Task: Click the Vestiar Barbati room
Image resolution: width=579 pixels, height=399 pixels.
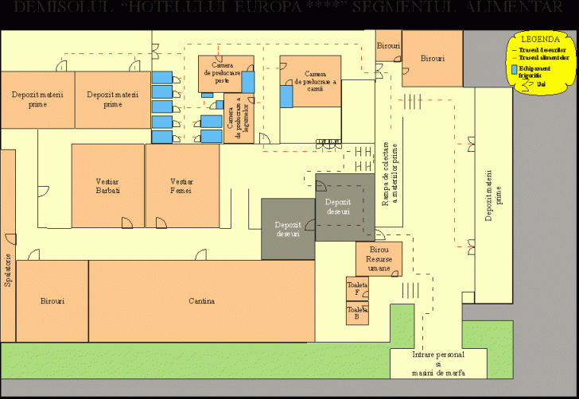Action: click(107, 186)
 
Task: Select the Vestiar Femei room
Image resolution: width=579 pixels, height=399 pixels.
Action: click(181, 186)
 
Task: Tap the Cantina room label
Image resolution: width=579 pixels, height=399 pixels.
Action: click(201, 301)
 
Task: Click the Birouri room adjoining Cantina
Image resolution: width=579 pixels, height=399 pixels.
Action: click(52, 301)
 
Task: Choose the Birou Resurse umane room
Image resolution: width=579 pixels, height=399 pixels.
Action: click(379, 259)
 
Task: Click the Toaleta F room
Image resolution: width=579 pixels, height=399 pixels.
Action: click(357, 288)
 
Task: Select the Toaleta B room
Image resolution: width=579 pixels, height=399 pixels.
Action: click(357, 312)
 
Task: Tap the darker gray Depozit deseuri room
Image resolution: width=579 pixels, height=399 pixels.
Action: click(288, 229)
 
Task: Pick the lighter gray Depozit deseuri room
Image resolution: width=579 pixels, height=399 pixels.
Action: click(344, 207)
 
